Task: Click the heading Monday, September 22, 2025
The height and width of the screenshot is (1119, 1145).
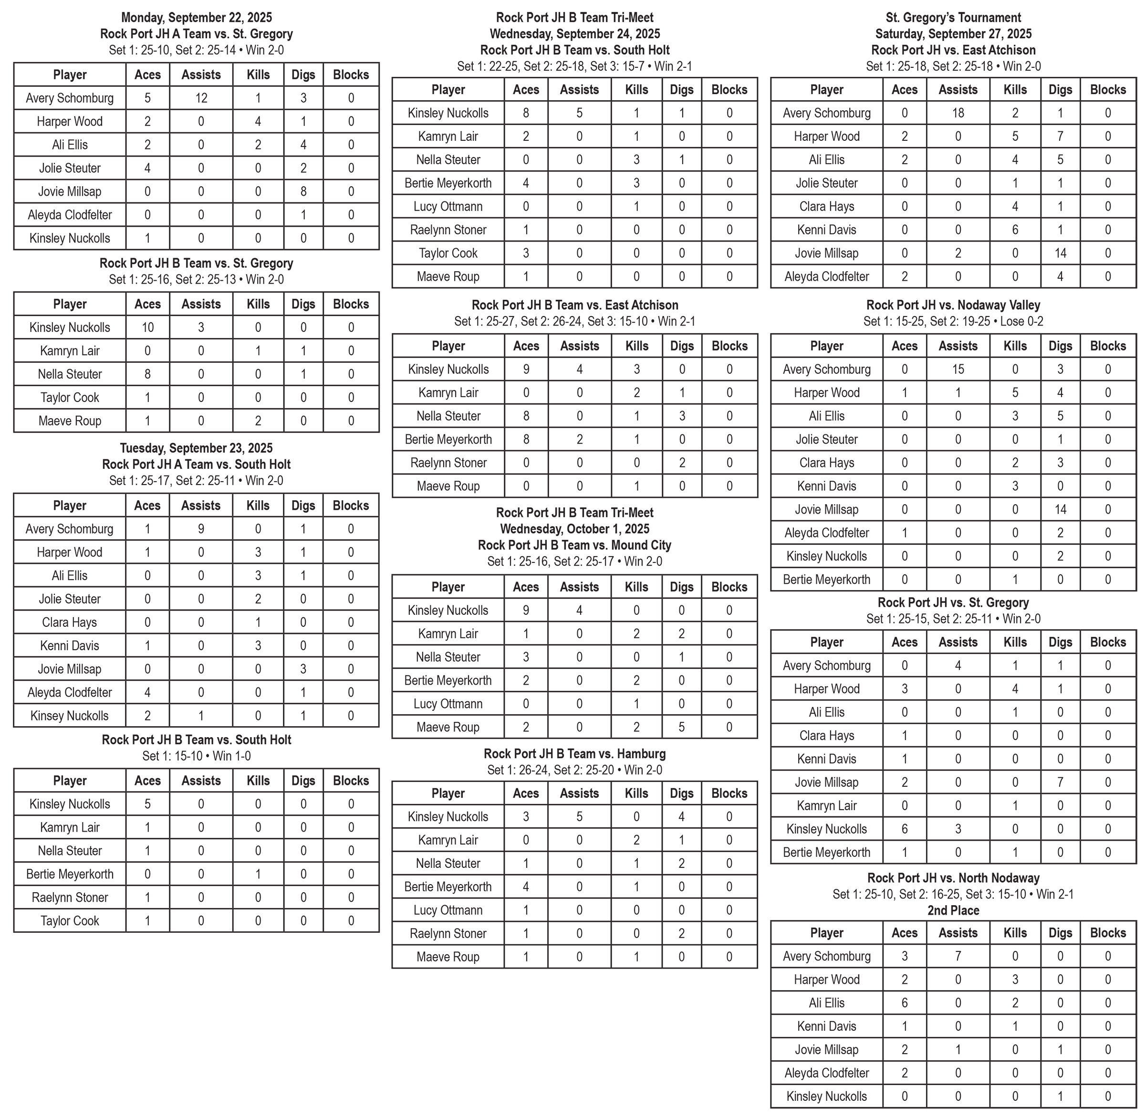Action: click(x=196, y=18)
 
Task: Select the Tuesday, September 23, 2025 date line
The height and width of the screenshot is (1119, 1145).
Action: click(x=196, y=448)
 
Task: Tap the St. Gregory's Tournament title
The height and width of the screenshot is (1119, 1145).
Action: click(x=953, y=18)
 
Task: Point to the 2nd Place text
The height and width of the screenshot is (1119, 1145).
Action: click(x=953, y=910)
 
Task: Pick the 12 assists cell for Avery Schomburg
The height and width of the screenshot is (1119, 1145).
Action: click(x=201, y=98)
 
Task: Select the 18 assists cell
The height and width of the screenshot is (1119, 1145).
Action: click(x=958, y=113)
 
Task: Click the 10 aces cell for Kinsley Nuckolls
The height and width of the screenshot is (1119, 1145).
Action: click(x=147, y=327)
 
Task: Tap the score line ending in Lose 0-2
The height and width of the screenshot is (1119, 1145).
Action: click(x=953, y=321)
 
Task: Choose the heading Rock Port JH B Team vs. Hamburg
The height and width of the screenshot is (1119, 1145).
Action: click(x=574, y=753)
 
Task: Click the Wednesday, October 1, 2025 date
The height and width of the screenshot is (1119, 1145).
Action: click(x=574, y=529)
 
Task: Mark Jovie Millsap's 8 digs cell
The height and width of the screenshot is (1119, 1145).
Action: click(x=303, y=191)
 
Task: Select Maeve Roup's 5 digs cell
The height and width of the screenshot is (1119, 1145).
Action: click(x=681, y=727)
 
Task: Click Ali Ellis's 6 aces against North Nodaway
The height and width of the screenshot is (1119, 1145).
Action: click(x=904, y=1003)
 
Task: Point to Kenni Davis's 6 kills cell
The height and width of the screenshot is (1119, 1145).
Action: click(x=1015, y=230)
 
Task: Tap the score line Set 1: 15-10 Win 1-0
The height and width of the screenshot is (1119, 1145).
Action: click(x=196, y=756)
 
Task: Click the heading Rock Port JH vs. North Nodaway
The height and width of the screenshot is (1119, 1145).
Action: click(x=953, y=878)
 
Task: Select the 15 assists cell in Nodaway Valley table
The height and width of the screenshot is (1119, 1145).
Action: click(x=958, y=369)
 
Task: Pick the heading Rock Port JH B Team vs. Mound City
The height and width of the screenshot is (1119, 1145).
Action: click(x=574, y=545)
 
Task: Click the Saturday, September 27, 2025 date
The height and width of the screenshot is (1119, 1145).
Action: click(x=953, y=34)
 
